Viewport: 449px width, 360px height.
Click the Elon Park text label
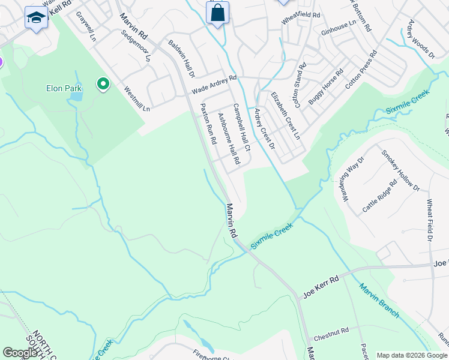click(x=63, y=88)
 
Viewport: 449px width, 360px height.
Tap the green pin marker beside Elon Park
click(x=103, y=85)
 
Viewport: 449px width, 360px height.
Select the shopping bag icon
click(x=217, y=13)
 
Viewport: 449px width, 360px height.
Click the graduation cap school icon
click(x=36, y=18)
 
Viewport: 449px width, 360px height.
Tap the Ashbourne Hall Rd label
click(x=228, y=139)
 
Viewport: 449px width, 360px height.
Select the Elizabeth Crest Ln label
click(x=285, y=116)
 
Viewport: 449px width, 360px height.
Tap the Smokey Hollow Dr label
click(x=400, y=170)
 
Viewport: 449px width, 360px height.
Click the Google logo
click(x=20, y=353)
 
